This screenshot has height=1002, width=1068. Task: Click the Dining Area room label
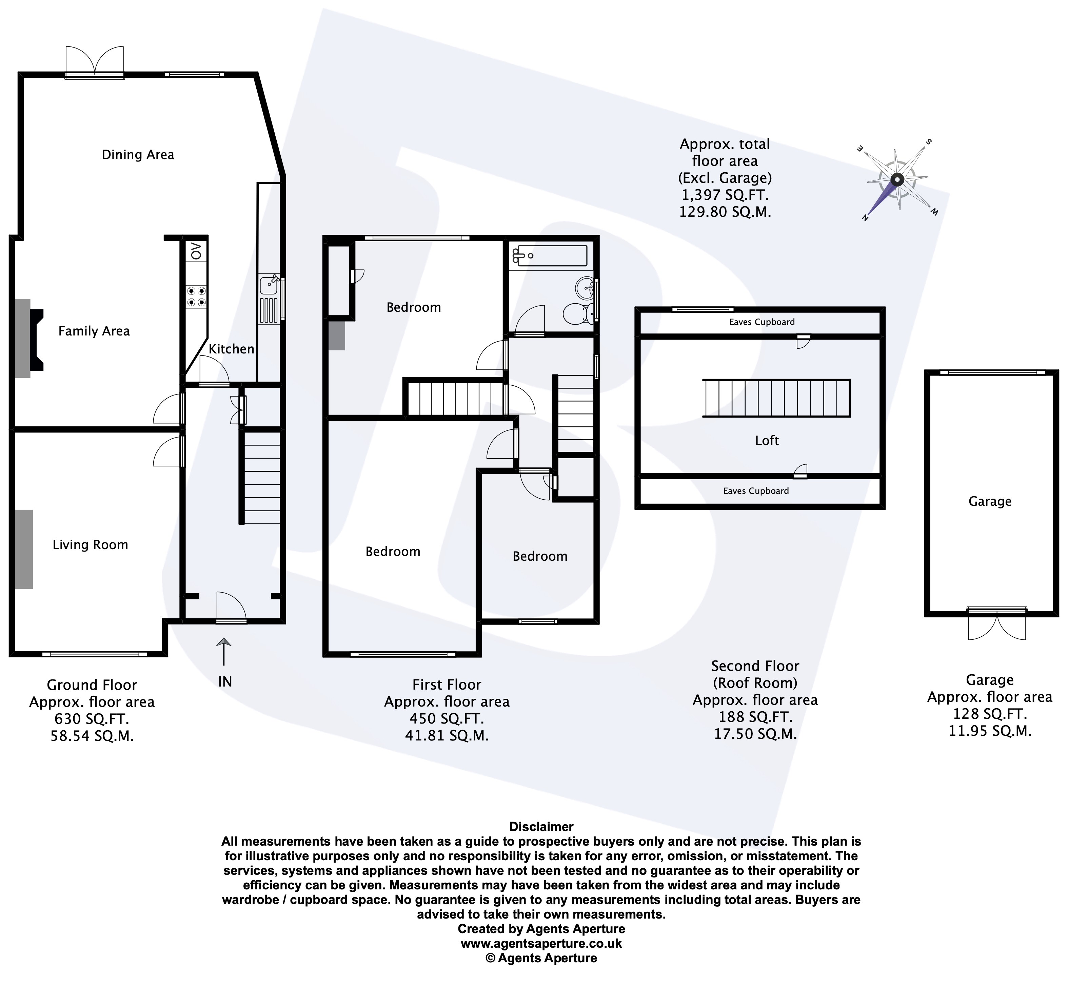(138, 155)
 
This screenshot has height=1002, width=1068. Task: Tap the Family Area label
(94, 331)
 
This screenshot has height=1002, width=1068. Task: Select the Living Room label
(90, 544)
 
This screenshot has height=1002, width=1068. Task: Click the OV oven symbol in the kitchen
(196, 251)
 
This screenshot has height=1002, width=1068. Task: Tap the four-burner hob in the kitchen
(196, 297)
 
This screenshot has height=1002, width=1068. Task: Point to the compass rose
(897, 179)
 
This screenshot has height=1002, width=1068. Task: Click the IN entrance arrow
(224, 652)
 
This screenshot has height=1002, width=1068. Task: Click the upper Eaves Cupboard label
(762, 322)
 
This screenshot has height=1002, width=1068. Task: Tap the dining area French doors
(95, 61)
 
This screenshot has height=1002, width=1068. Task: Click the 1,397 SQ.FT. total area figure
(725, 195)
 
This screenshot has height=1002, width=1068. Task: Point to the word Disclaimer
(541, 827)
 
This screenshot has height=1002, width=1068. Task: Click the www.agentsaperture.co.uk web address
(541, 943)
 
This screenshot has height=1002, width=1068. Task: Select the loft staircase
(776, 398)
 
